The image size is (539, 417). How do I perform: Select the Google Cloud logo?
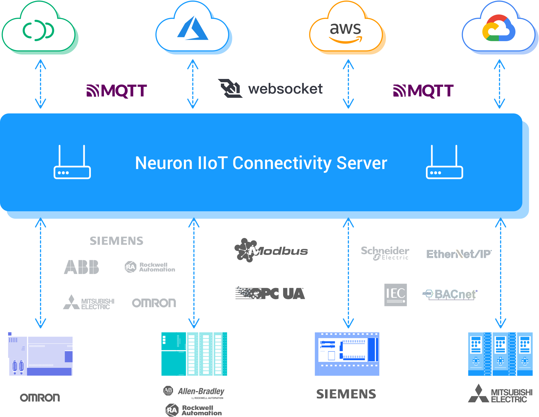tap(499, 28)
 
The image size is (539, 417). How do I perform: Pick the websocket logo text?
tap(285, 89)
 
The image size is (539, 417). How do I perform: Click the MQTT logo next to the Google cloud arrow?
tap(423, 91)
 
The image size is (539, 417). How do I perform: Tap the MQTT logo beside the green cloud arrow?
tap(117, 91)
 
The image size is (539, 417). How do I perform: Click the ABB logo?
tap(81, 267)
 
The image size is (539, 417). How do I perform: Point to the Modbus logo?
tap(271, 250)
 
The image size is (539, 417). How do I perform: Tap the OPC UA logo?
tap(270, 294)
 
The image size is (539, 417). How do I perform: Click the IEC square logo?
tap(395, 295)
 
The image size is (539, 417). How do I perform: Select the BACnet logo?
tap(450, 294)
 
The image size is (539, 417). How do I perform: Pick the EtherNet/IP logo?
tap(459, 254)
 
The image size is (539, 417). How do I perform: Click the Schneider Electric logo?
tap(385, 253)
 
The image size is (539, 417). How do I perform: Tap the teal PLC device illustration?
tap(194, 354)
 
